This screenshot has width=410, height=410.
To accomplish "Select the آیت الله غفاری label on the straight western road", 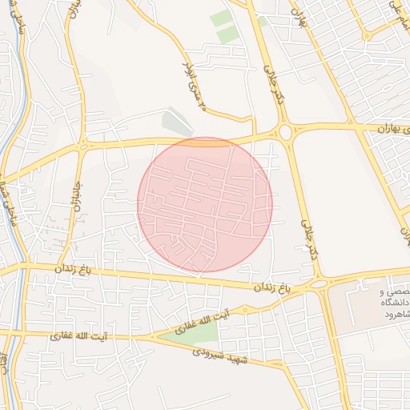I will point(74,337).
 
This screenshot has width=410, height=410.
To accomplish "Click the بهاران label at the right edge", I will point(392,129).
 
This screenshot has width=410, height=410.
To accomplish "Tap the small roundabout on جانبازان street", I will point(83,146).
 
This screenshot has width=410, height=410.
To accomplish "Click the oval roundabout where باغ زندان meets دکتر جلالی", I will point(319,283).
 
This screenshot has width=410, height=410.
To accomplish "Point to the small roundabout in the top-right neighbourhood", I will point(367,35).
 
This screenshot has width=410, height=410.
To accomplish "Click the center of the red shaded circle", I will point(205,204).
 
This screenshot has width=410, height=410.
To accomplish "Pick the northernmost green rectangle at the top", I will point(222,18).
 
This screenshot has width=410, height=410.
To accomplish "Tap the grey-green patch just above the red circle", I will point(178,123).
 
